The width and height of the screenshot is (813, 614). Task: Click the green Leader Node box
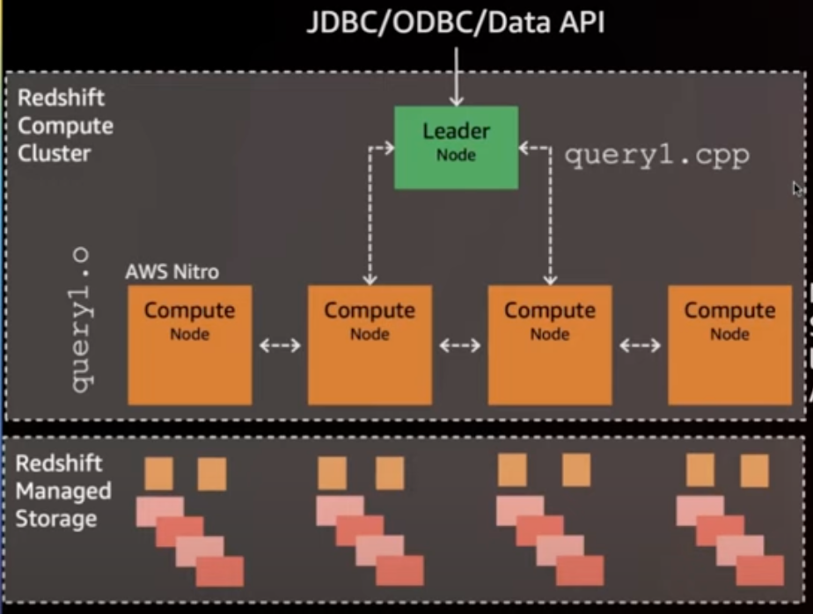point(455,147)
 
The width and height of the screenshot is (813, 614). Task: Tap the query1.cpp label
point(656,156)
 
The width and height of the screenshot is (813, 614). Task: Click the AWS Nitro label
point(172,271)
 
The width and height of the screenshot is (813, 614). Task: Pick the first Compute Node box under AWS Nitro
point(189,344)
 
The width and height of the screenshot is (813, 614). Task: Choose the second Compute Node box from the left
point(369,344)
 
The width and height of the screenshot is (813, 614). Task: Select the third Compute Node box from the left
point(549,344)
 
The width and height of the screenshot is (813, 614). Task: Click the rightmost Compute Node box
point(729,344)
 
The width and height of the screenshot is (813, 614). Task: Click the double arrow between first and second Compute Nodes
point(280,346)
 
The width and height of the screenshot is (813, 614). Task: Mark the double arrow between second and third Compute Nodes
point(459,346)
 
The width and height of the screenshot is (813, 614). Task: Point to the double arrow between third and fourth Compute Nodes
point(640,346)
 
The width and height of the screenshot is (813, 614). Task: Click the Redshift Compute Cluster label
point(65,125)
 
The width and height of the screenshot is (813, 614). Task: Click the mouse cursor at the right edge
point(796,188)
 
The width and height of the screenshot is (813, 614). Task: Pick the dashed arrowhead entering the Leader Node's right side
point(525,148)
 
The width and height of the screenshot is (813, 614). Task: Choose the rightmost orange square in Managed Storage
point(754,471)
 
